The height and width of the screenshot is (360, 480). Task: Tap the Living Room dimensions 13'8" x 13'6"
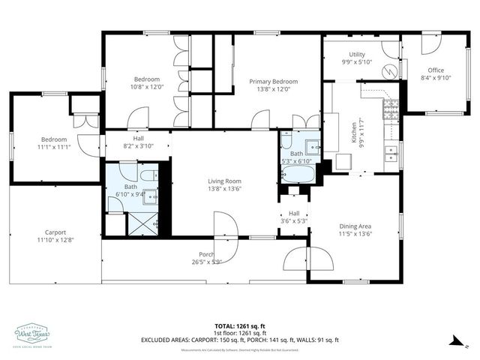click(x=224, y=190)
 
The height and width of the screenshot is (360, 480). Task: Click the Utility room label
click(x=356, y=55)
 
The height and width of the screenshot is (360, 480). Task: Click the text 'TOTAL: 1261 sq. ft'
click(x=239, y=326)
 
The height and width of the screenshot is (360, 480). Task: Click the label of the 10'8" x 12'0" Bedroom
click(x=147, y=83)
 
